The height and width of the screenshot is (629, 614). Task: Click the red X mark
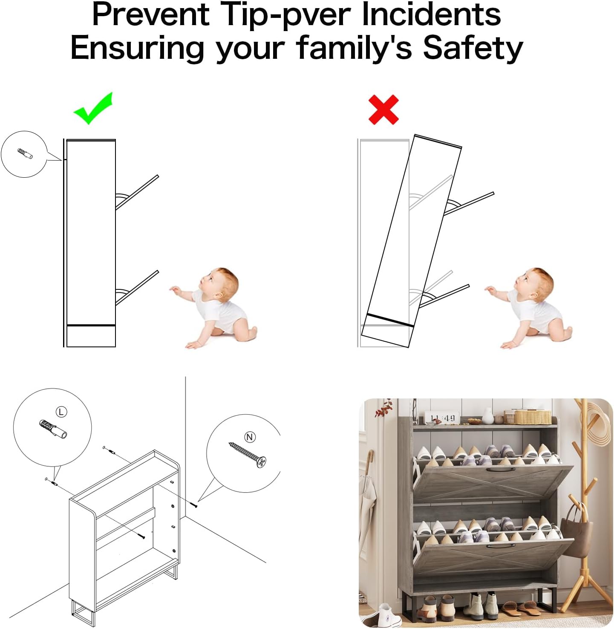click(383, 110)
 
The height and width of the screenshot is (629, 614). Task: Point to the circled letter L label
click(61, 412)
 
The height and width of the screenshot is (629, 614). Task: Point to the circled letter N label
click(250, 437)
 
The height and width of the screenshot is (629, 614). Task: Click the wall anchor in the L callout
click(53, 429)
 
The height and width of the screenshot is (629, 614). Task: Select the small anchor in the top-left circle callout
click(25, 153)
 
